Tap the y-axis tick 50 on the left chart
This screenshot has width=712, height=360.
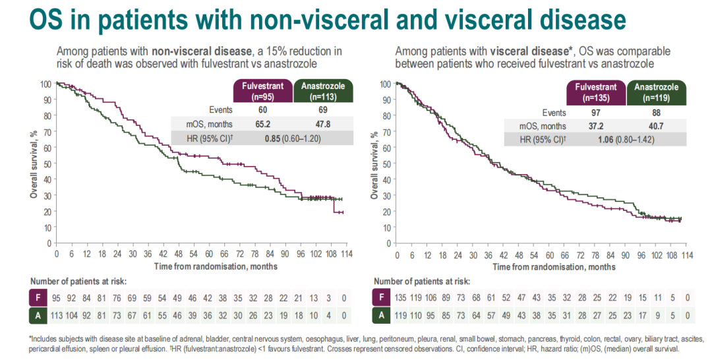click(47, 164)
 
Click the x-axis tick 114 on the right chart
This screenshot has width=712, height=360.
click(686, 255)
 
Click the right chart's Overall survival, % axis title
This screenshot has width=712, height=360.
click(374, 164)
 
